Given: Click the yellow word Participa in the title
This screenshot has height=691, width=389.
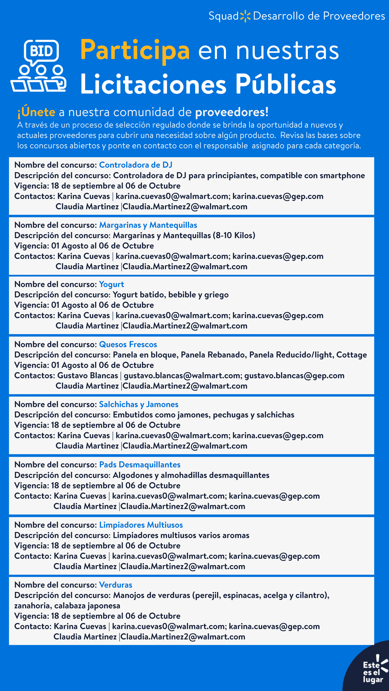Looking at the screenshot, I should [135, 50].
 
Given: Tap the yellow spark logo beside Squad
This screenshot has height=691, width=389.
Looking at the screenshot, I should [245, 16].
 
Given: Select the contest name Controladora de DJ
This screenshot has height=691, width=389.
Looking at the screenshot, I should [136, 165].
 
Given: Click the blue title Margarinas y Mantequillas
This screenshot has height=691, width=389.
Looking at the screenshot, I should [148, 225].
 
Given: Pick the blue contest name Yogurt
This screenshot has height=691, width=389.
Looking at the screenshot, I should [111, 284].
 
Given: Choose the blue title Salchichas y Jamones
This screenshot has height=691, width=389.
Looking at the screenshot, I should [138, 404].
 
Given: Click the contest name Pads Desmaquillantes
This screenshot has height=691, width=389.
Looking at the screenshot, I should [140, 464].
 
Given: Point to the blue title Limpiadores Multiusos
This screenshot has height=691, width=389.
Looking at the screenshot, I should [141, 524].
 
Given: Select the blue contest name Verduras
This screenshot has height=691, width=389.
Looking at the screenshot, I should [115, 585].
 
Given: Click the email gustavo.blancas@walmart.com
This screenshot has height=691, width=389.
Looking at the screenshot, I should [182, 375].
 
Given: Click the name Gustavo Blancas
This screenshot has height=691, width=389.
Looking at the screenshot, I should [87, 375].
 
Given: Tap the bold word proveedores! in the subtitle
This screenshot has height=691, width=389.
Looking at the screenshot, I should [232, 112].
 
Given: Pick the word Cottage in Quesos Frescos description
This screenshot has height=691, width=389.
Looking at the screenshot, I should [351, 355].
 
